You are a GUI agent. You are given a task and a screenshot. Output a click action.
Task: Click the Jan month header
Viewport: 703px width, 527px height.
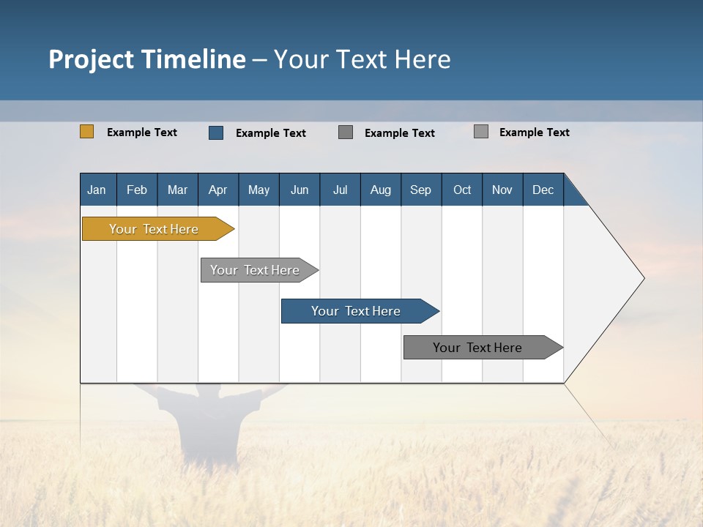(97, 190)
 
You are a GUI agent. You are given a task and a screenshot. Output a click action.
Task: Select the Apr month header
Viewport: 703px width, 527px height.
(217, 190)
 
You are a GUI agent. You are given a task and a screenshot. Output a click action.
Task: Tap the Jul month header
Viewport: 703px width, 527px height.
(340, 190)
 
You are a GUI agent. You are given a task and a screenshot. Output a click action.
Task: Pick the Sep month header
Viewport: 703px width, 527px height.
(420, 190)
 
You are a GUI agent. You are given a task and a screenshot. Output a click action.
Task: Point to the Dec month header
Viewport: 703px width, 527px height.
(543, 190)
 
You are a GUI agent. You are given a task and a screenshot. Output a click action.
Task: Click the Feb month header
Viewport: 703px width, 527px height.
(136, 190)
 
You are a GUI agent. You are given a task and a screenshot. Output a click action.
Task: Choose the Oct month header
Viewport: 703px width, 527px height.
(462, 190)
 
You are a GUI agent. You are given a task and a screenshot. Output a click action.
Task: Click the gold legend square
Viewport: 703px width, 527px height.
(86, 132)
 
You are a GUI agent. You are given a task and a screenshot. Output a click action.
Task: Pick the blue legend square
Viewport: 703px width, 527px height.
(215, 132)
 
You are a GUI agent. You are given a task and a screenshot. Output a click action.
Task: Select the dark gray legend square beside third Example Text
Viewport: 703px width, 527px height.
(346, 132)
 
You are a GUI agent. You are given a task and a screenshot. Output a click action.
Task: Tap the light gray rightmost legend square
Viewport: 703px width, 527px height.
(480, 132)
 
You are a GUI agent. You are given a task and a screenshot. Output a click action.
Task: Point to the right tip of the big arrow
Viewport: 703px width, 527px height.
(642, 278)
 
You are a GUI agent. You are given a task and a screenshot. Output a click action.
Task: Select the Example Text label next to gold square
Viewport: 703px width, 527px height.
(142, 132)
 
